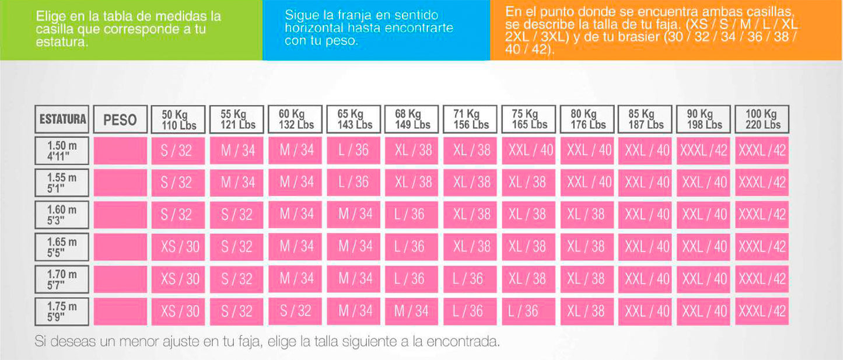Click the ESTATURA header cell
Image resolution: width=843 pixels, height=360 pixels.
[x=62, y=120]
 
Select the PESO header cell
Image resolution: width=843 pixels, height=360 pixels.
[x=120, y=120]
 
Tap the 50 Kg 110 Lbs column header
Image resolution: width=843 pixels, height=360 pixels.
[x=179, y=119]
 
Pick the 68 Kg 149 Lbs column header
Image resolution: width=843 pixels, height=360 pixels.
[x=412, y=119]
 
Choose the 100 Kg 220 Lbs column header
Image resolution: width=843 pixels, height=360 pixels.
[x=762, y=119]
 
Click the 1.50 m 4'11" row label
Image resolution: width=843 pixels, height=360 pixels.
[x=62, y=151]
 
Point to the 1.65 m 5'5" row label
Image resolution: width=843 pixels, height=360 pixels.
[x=62, y=247]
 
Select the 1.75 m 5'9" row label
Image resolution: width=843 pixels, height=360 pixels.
[x=62, y=312]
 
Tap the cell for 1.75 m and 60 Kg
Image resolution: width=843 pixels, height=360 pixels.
[x=295, y=312]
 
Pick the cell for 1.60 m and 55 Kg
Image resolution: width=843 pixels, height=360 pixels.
[x=237, y=215]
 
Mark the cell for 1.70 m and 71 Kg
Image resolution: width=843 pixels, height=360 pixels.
[x=470, y=279]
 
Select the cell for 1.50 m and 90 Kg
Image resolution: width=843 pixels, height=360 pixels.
[x=704, y=151]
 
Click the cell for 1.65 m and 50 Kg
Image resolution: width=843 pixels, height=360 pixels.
[x=179, y=247]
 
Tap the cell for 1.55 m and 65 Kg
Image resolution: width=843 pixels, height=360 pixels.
[x=354, y=183]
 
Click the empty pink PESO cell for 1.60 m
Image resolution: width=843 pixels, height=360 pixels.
[x=120, y=215]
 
